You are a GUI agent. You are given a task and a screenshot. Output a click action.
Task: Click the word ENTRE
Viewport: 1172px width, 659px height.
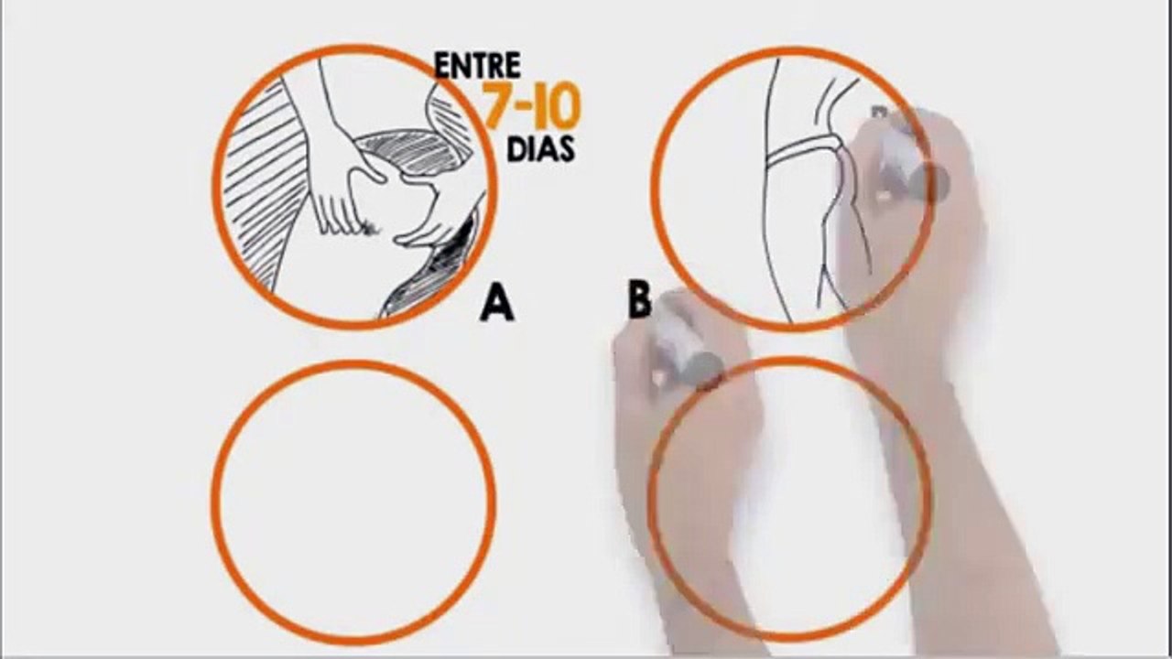(x=477, y=67)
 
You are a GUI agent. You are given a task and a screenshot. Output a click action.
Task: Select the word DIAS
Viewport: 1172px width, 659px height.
(x=541, y=149)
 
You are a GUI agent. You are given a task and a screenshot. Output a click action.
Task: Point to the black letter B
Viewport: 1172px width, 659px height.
(x=639, y=301)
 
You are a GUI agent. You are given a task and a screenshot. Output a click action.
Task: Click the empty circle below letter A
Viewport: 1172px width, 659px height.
(x=353, y=502)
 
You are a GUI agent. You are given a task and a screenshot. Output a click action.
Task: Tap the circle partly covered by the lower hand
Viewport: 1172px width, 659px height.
(x=789, y=499)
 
